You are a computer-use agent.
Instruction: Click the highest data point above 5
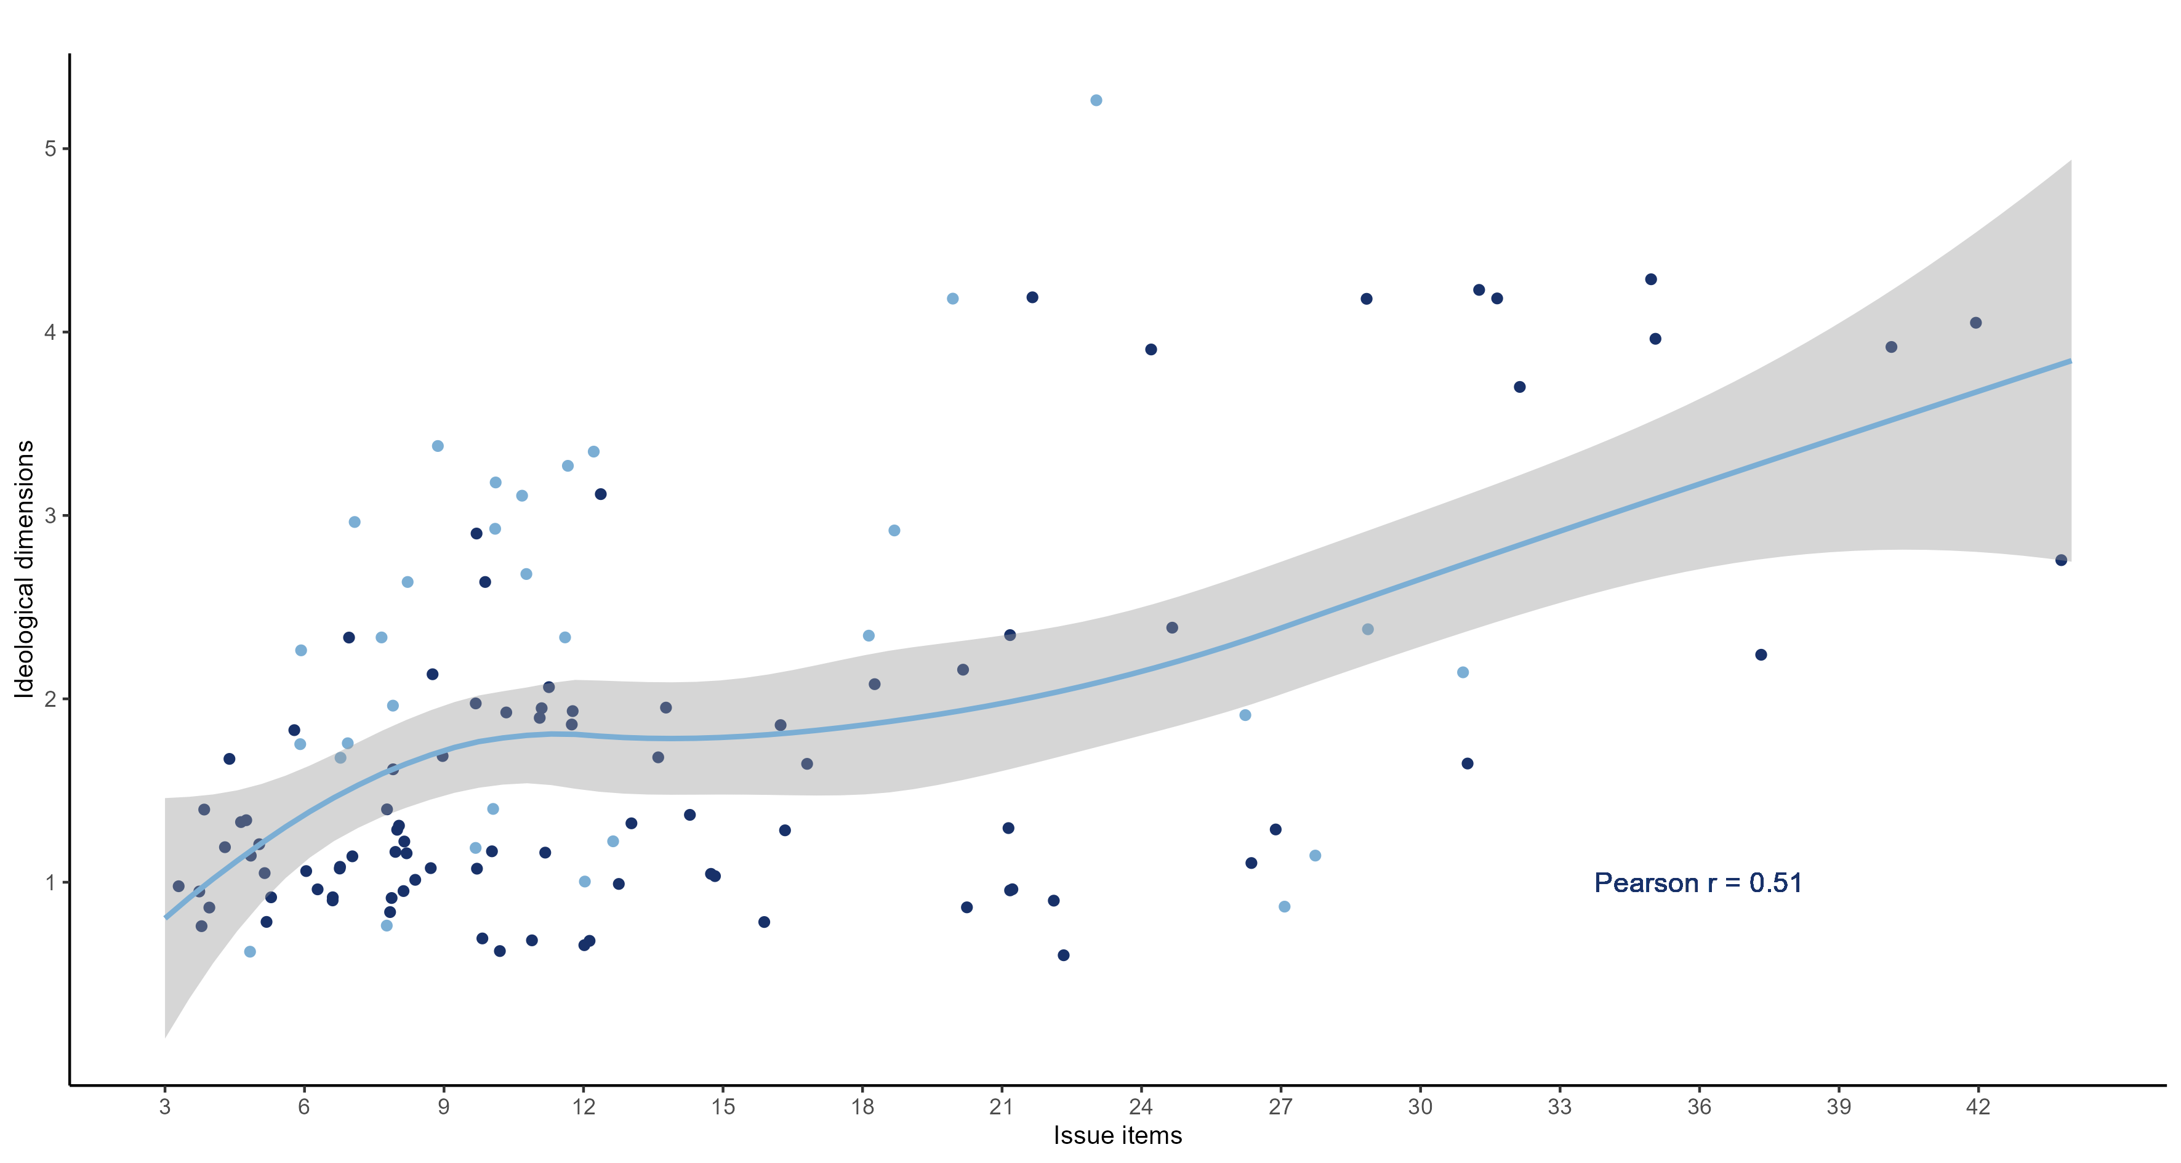click(x=1096, y=100)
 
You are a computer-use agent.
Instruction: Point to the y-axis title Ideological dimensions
click(x=24, y=569)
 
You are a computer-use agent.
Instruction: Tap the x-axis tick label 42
click(x=1977, y=1106)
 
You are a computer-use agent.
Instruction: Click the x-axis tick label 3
click(x=164, y=1106)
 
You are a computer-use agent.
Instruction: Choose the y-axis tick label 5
click(x=50, y=148)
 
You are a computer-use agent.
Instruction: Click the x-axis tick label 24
click(x=1141, y=1106)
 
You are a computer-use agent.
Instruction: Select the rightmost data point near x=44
click(x=2061, y=560)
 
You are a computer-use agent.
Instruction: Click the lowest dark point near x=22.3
click(x=1063, y=955)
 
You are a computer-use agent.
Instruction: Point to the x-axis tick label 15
click(x=722, y=1106)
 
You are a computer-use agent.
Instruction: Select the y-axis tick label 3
click(x=50, y=515)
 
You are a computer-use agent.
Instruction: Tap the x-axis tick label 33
click(x=1559, y=1106)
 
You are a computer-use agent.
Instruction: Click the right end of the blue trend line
click(x=2069, y=361)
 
